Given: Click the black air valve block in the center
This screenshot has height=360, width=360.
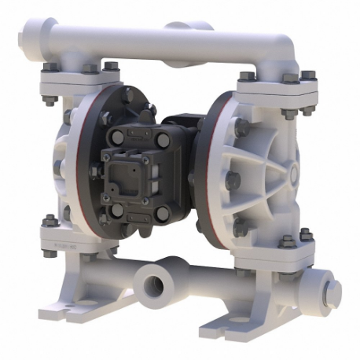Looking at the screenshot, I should (x=145, y=165).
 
